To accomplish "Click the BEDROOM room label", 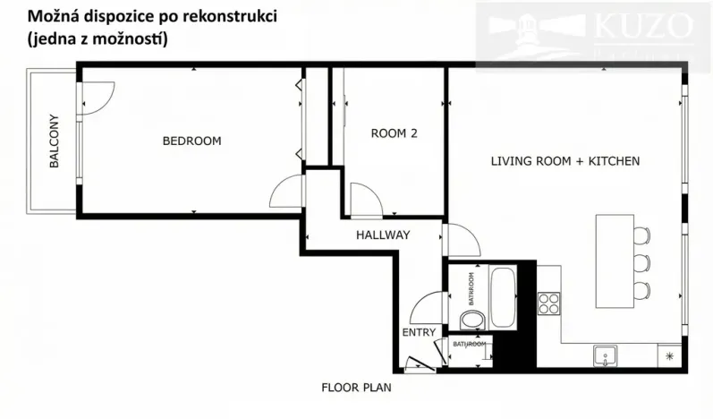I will (191, 141).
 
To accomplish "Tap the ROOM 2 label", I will (395, 133).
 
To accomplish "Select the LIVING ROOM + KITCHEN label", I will (564, 162).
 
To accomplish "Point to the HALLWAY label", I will (383, 235).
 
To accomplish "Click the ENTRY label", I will (419, 332).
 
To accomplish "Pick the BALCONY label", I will (55, 141).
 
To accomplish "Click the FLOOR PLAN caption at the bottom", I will (356, 389).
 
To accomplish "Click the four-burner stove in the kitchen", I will (547, 303).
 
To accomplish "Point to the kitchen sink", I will (606, 355).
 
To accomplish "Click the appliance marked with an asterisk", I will (670, 356).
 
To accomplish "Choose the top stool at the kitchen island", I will (642, 236).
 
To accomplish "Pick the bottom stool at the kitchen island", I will (642, 290).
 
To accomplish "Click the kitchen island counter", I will (615, 260).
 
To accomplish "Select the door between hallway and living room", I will (461, 239).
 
